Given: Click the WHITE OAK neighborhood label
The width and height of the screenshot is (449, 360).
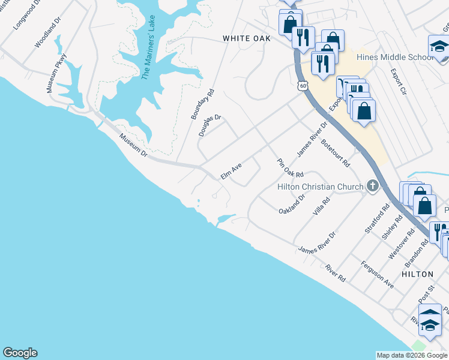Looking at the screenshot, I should pyautogui.click(x=247, y=38).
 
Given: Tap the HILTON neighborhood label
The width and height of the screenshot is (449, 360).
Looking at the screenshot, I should pyautogui.click(x=417, y=274).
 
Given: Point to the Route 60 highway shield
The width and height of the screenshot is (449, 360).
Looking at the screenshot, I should pyautogui.click(x=304, y=86).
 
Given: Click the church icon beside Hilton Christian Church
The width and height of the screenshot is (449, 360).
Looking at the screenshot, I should pyautogui.click(x=373, y=187).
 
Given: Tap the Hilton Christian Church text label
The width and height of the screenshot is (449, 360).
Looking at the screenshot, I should pyautogui.click(x=320, y=187).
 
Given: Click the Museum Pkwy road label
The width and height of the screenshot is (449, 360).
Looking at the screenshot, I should pyautogui.click(x=57, y=73).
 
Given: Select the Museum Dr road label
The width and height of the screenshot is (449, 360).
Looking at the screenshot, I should pyautogui.click(x=133, y=145).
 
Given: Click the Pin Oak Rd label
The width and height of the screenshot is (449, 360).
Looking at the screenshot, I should pyautogui.click(x=290, y=168).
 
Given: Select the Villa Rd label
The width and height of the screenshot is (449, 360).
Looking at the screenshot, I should pyautogui.click(x=322, y=207).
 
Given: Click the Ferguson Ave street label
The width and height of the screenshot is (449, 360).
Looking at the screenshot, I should pyautogui.click(x=377, y=275).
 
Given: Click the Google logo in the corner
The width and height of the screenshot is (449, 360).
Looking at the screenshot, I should pyautogui.click(x=20, y=353).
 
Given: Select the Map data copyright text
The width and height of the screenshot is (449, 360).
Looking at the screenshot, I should pyautogui.click(x=412, y=355).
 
